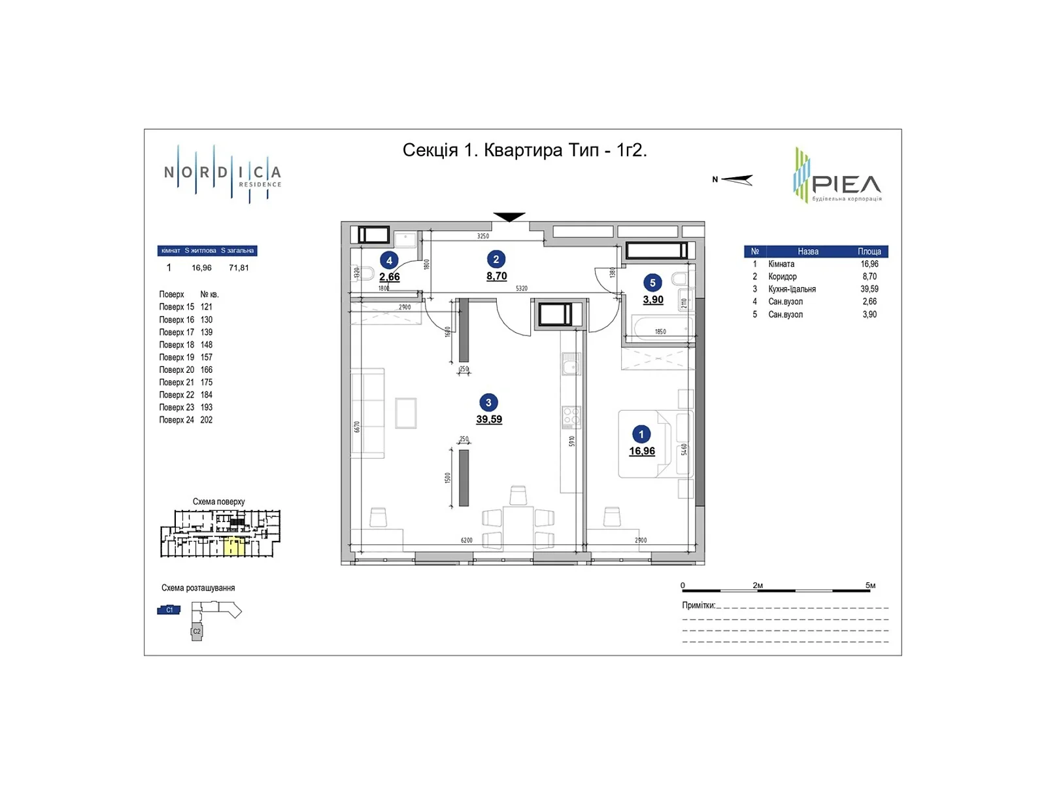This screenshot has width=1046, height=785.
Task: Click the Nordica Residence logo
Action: pos(222,174)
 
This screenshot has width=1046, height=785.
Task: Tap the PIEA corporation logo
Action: pos(837,176)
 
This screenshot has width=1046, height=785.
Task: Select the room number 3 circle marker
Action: pos(488,403)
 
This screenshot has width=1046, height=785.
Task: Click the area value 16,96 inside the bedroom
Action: pos(641,451)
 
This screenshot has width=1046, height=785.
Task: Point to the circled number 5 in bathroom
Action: pos(652,283)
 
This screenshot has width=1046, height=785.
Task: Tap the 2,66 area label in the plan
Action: pos(390,277)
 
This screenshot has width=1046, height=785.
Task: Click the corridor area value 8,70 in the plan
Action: pos(496,277)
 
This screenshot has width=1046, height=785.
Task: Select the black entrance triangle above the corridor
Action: pos(509,217)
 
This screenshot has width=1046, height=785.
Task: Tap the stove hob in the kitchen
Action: pos(571,417)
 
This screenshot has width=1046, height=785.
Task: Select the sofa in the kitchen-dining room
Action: pos(367,413)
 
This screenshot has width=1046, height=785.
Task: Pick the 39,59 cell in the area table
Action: pos(869,289)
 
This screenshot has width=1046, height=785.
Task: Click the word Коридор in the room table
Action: pos(783,277)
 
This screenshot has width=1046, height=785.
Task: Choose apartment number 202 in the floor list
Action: pos(207,420)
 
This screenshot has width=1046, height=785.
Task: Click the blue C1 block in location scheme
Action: pos(169,610)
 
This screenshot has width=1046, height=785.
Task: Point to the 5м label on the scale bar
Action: pos(870,585)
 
